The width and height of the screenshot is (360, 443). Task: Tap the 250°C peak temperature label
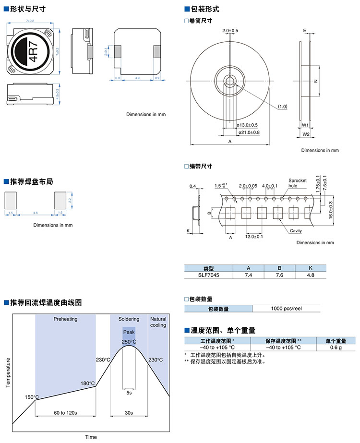coord(129,342)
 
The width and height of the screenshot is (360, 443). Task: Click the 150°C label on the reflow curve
coord(32,397)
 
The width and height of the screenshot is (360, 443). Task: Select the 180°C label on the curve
coord(88,383)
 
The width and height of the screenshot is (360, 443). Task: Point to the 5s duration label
coord(129,393)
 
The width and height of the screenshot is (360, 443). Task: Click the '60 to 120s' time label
coord(65,413)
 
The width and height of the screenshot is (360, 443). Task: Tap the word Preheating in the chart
coord(65,319)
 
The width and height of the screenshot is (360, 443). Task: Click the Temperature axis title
coord(8,372)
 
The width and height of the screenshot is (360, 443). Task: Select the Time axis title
coord(91,437)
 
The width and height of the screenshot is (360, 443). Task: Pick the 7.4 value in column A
coord(248,275)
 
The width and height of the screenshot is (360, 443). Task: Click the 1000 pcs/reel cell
coord(286,309)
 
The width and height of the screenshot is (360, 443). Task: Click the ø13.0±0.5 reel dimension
coord(248,125)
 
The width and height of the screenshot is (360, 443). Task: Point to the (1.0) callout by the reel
coord(282,106)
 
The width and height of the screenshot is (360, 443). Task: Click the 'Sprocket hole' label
coord(297,183)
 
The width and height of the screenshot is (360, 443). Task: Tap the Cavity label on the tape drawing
coord(296,231)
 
